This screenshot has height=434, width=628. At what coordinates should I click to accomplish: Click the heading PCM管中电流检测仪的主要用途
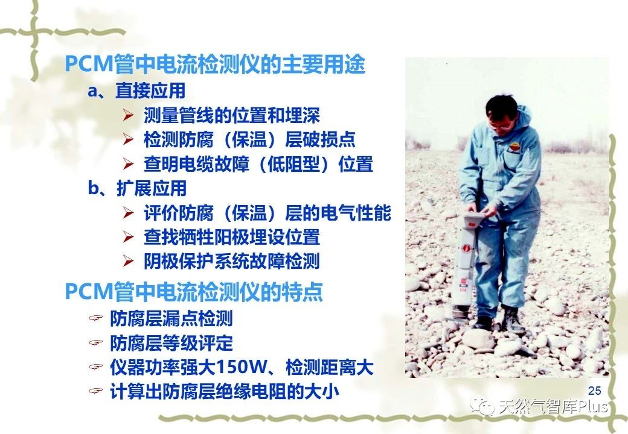coord(215,64)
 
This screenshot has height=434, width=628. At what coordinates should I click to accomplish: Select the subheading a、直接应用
coord(136,90)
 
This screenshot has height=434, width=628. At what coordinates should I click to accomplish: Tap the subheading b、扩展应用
coord(137,188)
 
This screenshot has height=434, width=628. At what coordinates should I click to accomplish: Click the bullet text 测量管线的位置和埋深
coord(232,116)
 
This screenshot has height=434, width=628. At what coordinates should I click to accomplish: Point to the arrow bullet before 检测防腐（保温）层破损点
coord(129,139)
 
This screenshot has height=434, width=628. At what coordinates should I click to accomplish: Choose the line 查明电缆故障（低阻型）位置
coord(258,164)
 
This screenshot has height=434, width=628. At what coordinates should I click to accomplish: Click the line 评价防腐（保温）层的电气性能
coord(267,213)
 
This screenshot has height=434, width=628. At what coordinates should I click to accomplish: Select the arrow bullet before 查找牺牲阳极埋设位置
coord(129,237)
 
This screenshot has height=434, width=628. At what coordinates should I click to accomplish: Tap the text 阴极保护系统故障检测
coord(232,262)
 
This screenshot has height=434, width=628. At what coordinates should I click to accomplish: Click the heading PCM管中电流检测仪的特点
coord(194,291)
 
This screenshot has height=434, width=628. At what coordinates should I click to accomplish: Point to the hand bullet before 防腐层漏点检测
coord(96,318)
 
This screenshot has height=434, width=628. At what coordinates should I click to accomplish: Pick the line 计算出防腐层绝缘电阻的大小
coord(225,392)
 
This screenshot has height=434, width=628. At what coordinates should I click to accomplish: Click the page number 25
coord(595,391)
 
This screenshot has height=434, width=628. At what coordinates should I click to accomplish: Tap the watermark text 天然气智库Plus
coord(553,407)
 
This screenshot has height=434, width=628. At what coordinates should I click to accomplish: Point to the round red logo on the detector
coord(467,248)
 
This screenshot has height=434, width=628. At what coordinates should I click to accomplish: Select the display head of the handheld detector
coord(476,221)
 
